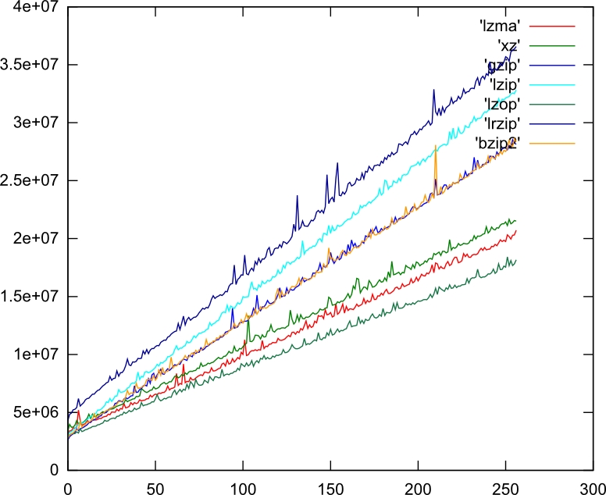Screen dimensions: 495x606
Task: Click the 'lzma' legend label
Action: click(x=500, y=27)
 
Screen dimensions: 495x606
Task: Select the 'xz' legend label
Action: click(x=509, y=46)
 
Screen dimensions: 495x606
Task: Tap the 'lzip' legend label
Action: click(x=504, y=84)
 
